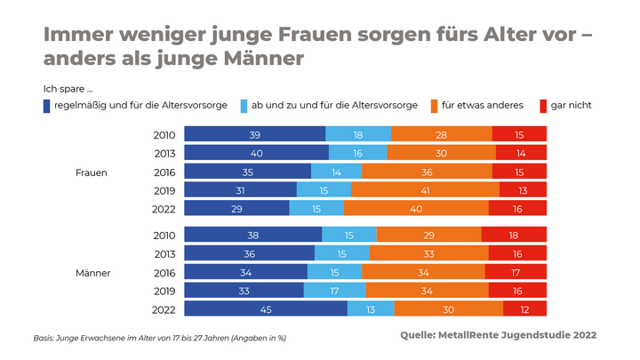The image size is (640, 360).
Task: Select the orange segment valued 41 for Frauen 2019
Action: pos(425,190)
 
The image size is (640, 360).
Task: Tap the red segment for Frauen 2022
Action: pos(517,209)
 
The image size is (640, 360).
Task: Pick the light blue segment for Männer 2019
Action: pos(334,291)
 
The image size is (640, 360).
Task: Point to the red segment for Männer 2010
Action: pos(514,235)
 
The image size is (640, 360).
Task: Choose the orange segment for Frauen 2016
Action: pos(427,172)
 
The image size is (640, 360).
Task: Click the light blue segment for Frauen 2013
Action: pos(357,153)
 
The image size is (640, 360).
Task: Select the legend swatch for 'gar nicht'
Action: pos(543,106)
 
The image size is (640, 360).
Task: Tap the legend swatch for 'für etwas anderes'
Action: pos(434,106)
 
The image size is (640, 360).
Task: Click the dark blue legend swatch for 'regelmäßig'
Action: pos(46,106)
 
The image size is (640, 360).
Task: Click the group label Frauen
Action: pos(91,172)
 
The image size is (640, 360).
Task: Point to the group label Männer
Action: pos(92,272)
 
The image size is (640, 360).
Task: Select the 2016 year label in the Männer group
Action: pos(164,272)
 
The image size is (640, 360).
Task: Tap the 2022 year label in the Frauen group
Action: pos(164,209)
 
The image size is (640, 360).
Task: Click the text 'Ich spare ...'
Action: pos(68,89)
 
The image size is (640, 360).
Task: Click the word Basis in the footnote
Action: pos(44,338)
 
